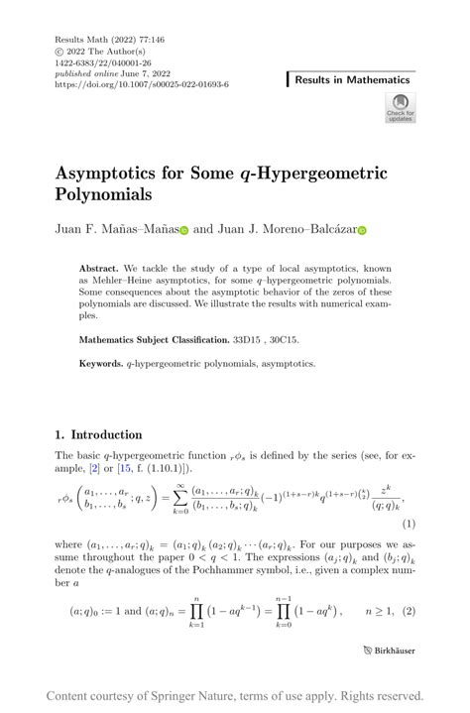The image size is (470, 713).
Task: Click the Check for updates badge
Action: (x=400, y=107)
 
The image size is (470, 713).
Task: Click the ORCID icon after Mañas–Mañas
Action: (x=184, y=230)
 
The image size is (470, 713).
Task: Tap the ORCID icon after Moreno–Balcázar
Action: (x=362, y=230)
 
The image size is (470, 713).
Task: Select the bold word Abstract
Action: (x=99, y=269)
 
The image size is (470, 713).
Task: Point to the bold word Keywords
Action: (x=101, y=364)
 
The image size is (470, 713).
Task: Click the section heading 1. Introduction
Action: (x=98, y=434)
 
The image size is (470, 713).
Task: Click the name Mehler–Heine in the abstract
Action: (x=131, y=281)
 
